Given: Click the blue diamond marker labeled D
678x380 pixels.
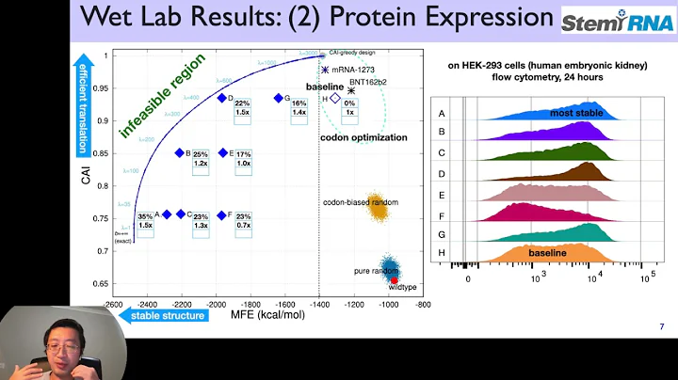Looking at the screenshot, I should pyautogui.click(x=221, y=98).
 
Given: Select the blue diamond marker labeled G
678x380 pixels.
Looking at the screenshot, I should pyautogui.click(x=278, y=98).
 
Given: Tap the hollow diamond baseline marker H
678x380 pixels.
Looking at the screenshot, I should pyautogui.click(x=334, y=98).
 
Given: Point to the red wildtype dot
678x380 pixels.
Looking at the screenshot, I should pyautogui.click(x=395, y=279).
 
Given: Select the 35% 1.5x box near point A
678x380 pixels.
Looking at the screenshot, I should pyautogui.click(x=145, y=220).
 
